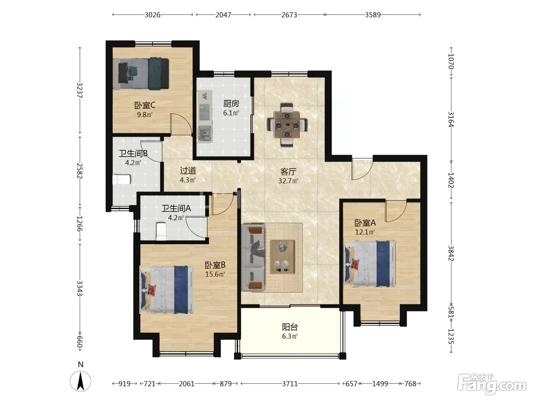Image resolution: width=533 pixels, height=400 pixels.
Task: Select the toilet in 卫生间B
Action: (x=122, y=180)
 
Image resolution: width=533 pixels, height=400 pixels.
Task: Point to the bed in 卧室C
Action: (x=141, y=74)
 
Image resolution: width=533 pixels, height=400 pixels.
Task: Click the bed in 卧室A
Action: (x=369, y=264)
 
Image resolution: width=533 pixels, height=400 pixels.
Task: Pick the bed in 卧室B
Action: (x=167, y=289)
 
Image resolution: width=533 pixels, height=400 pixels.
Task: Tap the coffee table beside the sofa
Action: (x=282, y=257)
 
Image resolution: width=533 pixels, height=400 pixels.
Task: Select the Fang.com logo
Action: (x=492, y=384)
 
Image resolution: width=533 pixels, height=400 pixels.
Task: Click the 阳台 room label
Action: (x=290, y=327)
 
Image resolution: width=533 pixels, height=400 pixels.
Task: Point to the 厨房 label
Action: (x=231, y=104)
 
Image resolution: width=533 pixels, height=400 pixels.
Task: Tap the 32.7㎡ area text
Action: (x=288, y=181)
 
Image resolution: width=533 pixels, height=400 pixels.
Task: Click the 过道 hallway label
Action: (x=188, y=171)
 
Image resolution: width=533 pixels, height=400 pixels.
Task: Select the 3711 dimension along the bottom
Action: (x=290, y=384)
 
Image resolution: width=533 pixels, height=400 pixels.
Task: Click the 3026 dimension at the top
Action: (x=153, y=15)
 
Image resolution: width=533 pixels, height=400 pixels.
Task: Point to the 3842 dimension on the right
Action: (x=451, y=253)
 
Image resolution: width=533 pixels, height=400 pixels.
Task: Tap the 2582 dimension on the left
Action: (x=80, y=171)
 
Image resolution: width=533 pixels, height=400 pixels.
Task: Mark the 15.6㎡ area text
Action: (x=215, y=274)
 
